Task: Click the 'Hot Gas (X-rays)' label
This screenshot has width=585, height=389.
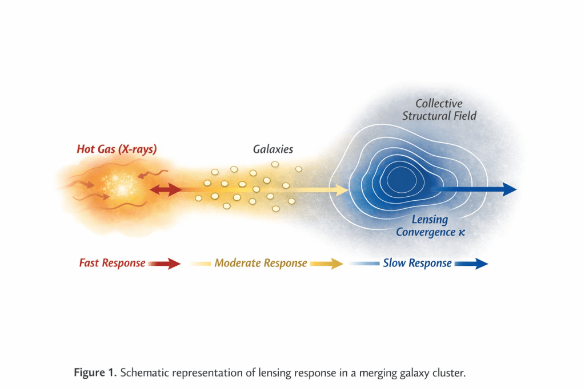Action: click(x=117, y=149)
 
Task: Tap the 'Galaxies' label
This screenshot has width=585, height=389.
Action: click(x=273, y=149)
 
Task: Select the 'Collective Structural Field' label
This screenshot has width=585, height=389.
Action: click(x=439, y=110)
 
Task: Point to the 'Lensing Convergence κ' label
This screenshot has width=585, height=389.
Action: click(x=430, y=226)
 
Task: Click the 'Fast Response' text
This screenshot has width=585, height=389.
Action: click(x=112, y=263)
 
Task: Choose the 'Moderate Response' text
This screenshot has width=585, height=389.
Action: click(x=261, y=263)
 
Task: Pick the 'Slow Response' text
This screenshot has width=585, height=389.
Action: click(x=417, y=263)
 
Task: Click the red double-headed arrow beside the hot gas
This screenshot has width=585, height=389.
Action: click(x=166, y=190)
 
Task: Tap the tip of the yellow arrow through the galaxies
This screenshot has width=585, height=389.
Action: click(x=348, y=190)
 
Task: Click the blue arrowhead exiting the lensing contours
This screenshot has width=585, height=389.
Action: click(x=509, y=189)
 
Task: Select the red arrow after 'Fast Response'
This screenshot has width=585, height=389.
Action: click(x=164, y=264)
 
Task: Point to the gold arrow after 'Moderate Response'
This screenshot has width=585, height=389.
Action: click(x=326, y=264)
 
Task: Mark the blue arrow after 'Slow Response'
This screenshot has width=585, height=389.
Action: click(x=471, y=264)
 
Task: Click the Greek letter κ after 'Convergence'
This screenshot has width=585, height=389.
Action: click(x=462, y=233)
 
